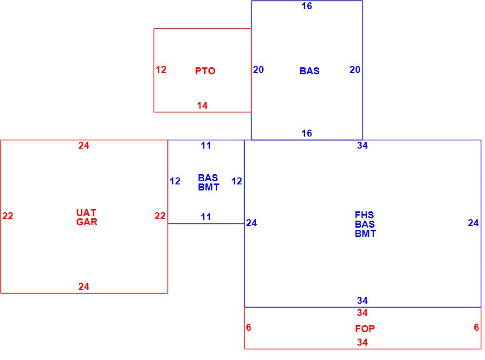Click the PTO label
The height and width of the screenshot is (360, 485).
click(x=205, y=71)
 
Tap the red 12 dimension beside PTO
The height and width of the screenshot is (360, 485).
click(x=161, y=70)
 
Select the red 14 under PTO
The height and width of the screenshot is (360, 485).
click(x=202, y=105)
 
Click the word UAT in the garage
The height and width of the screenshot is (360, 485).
click(x=87, y=213)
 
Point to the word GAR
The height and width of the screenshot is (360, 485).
click(x=87, y=222)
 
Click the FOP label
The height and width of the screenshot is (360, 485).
click(x=365, y=329)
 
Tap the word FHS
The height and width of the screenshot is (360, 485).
click(x=364, y=215)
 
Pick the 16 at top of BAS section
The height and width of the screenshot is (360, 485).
click(x=307, y=6)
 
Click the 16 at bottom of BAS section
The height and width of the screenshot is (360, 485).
click(x=307, y=133)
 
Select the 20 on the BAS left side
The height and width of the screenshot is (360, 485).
click(x=259, y=70)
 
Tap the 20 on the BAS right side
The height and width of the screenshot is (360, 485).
click(x=355, y=70)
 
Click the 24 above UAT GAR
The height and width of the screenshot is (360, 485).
click(x=84, y=145)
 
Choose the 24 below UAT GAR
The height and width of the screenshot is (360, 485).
click(x=84, y=287)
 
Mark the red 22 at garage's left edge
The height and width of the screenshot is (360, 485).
click(x=8, y=216)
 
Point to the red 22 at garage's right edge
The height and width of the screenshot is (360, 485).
click(x=160, y=216)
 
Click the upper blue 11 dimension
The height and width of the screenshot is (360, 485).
click(x=206, y=145)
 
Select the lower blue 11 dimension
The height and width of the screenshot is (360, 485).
click(x=206, y=217)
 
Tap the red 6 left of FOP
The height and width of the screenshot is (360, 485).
click(x=249, y=327)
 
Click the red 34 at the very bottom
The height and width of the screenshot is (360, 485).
click(x=362, y=343)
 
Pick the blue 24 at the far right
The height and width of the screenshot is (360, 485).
click(x=473, y=223)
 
